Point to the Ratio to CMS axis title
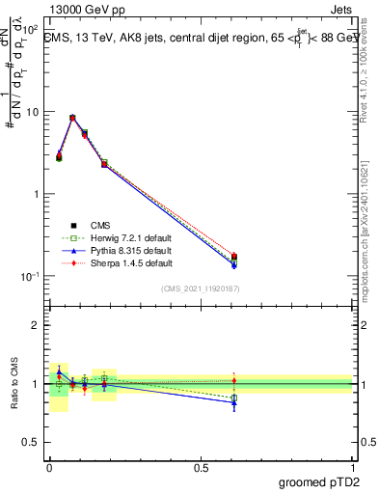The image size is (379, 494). (14, 385)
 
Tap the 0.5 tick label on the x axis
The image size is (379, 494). (201, 467)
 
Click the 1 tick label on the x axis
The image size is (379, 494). (352, 467)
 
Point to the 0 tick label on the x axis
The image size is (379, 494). (49, 467)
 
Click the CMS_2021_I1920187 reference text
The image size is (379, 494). (200, 288)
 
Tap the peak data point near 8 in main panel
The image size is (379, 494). (72, 118)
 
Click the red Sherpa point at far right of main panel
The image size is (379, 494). (234, 256)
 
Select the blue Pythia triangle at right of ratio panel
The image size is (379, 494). (234, 402)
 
